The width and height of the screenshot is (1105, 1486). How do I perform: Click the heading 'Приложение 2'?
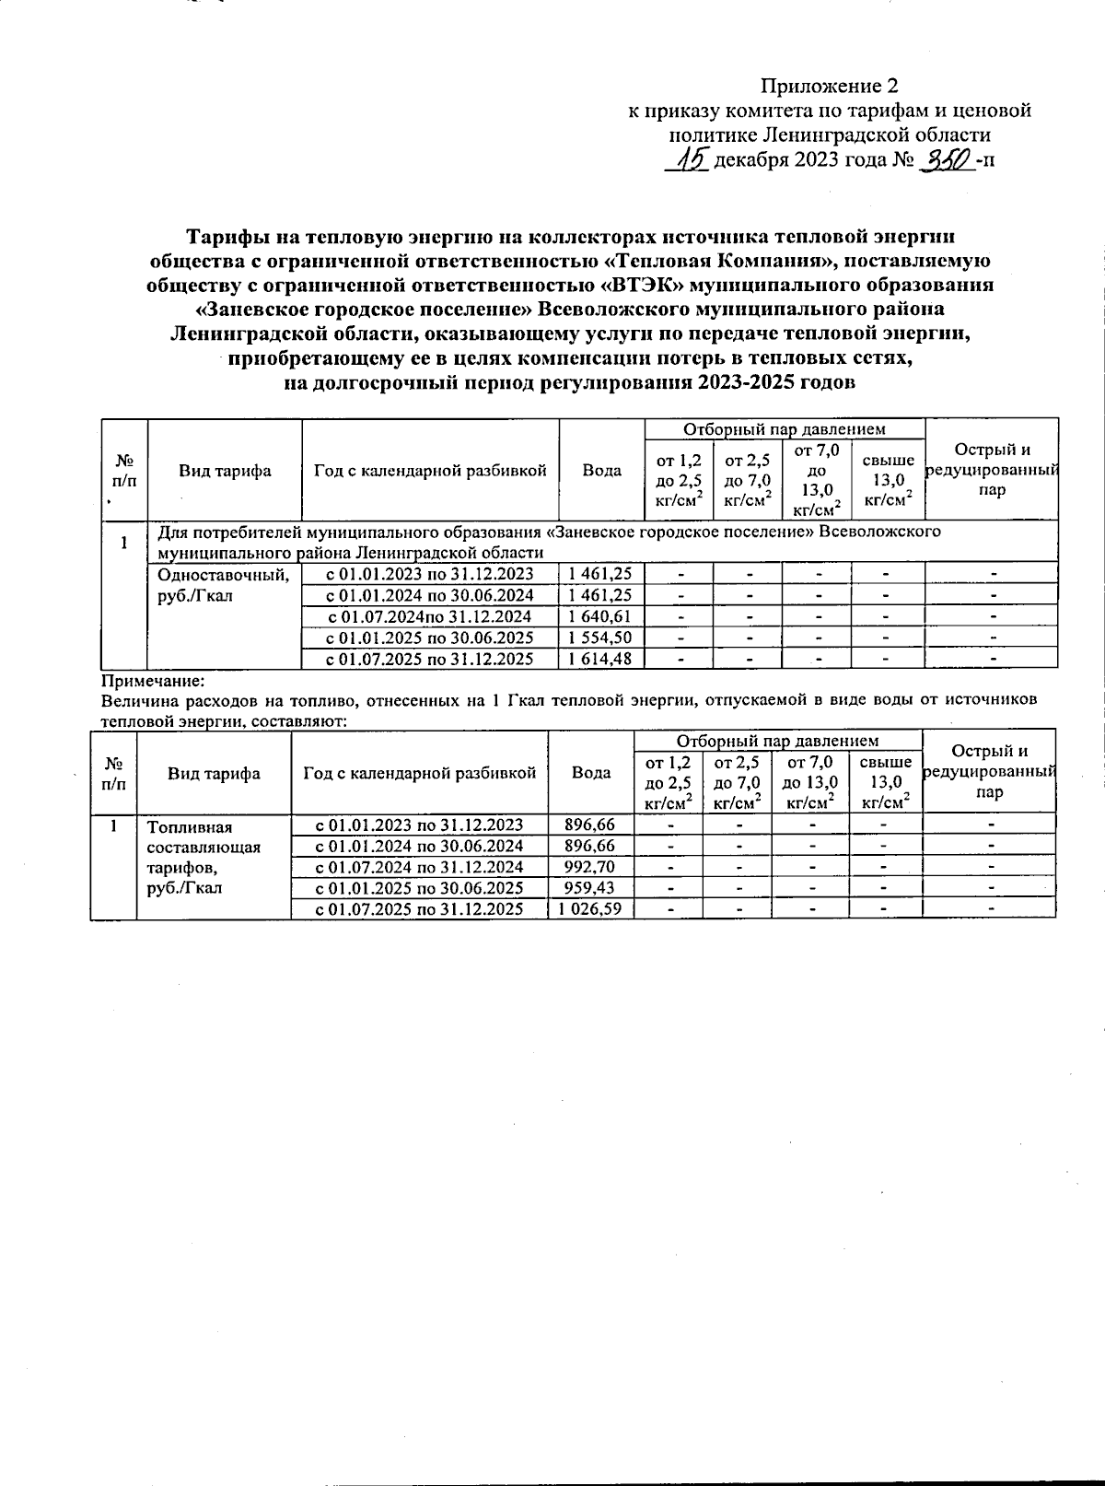tap(828, 87)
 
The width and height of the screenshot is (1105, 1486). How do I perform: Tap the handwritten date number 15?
tap(687, 160)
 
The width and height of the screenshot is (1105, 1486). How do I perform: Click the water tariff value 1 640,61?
tap(601, 616)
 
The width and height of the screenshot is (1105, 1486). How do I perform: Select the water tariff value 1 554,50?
tap(601, 638)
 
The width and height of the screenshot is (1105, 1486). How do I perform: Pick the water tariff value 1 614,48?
tap(601, 659)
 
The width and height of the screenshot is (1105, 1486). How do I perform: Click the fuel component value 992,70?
tap(590, 867)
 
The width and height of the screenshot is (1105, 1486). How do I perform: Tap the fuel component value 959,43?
tap(590, 888)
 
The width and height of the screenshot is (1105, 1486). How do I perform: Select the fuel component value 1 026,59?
tap(590, 909)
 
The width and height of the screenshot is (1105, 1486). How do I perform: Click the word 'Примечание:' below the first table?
tap(151, 682)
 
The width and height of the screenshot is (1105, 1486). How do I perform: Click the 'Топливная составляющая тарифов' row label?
tap(204, 858)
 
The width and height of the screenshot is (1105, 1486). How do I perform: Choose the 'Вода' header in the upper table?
tap(601, 470)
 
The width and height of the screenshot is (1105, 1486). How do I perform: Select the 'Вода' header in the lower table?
tap(590, 773)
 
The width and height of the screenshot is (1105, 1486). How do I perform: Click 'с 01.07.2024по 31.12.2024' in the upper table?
tap(430, 616)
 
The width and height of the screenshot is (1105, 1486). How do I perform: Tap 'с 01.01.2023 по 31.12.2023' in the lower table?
tap(419, 825)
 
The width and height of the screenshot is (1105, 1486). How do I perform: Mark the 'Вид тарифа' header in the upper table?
tap(225, 471)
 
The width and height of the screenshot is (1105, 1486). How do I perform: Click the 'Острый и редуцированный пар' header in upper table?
tap(992, 470)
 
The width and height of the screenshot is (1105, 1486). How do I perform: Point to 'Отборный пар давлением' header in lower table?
tap(778, 741)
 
